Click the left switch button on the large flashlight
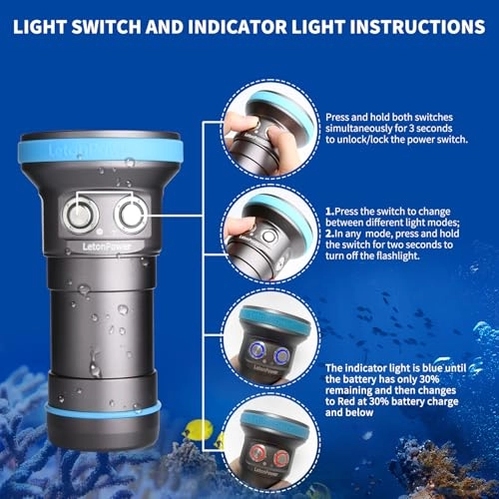click(78, 213)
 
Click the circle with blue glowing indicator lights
click(264, 342)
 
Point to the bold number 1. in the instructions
click(330, 213)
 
